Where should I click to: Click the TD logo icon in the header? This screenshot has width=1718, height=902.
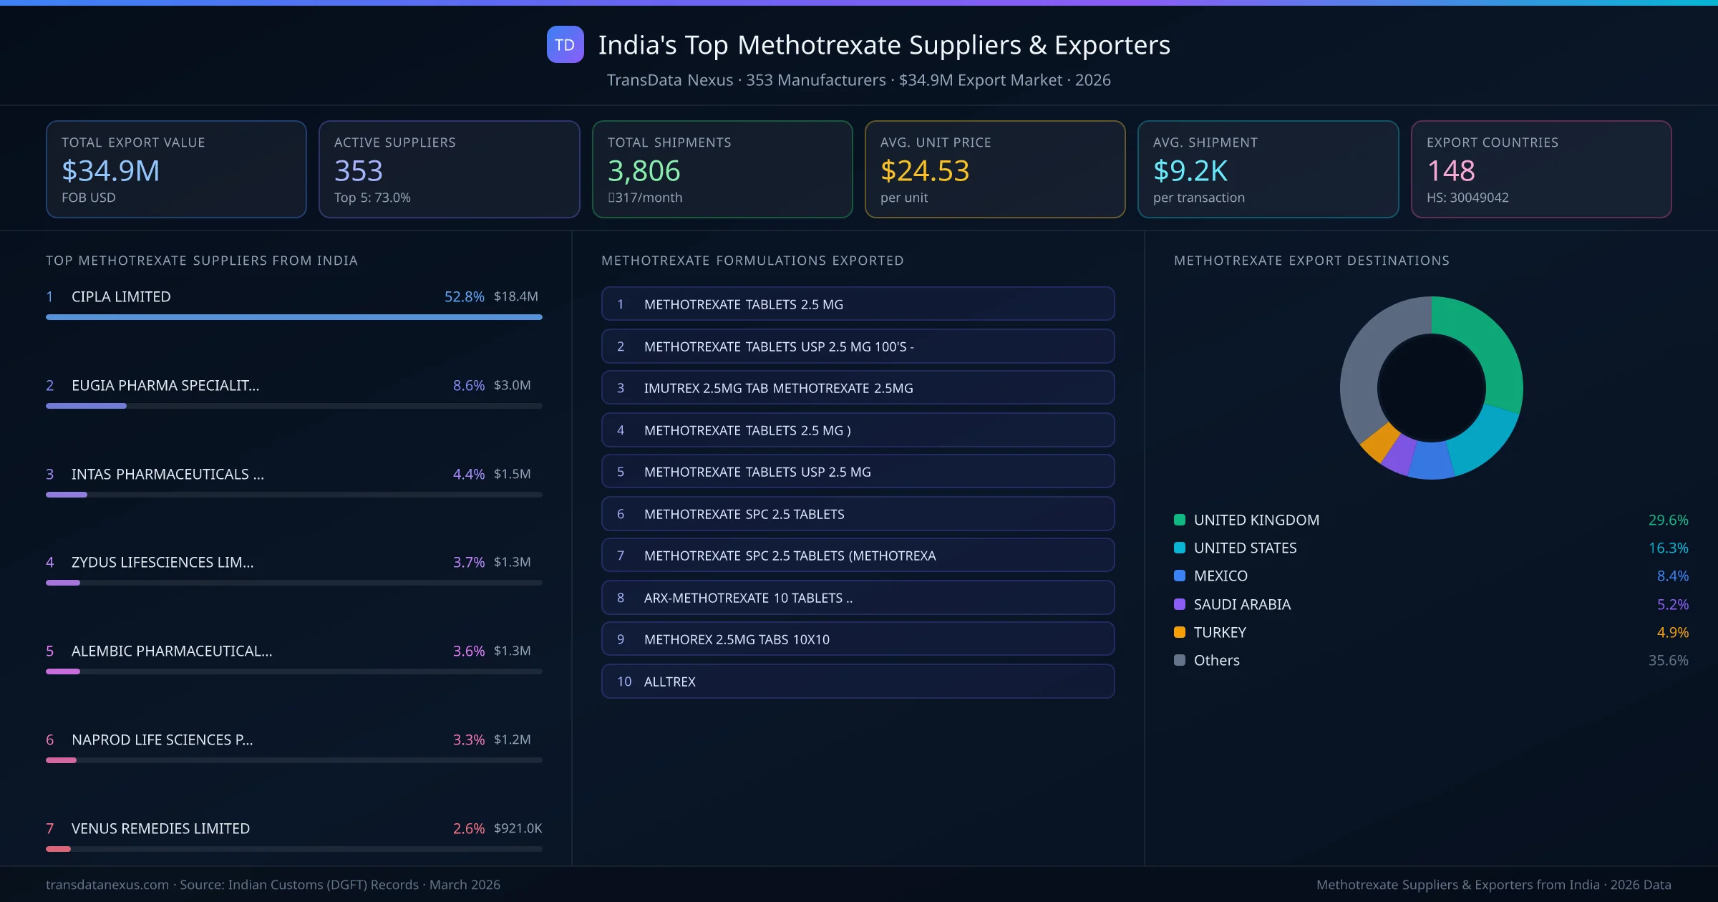[565, 45]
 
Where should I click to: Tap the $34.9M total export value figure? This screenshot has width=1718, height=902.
[111, 171]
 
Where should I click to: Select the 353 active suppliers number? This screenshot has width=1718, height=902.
[359, 171]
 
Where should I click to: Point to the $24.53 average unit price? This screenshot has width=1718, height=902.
[924, 171]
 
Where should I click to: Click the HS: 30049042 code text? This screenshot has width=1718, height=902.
[1467, 198]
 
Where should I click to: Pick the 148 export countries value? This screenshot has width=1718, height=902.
[1450, 171]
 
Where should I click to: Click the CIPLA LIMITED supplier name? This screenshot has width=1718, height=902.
[121, 296]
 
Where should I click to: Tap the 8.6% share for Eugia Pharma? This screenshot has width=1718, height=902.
[468, 385]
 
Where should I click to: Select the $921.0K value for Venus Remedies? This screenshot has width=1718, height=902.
[518, 828]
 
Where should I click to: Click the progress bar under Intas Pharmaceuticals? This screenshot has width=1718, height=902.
[293, 495]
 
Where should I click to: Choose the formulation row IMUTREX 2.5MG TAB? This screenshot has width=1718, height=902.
[857, 388]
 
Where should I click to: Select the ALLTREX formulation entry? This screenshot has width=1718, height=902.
[857, 682]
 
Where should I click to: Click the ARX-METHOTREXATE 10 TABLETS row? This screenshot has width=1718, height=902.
[857, 598]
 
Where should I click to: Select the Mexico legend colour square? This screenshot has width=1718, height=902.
[1180, 576]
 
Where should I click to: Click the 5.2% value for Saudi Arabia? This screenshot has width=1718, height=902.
[1672, 604]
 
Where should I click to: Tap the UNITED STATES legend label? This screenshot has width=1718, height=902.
[1245, 548]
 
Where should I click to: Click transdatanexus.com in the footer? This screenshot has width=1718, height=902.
[107, 885]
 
